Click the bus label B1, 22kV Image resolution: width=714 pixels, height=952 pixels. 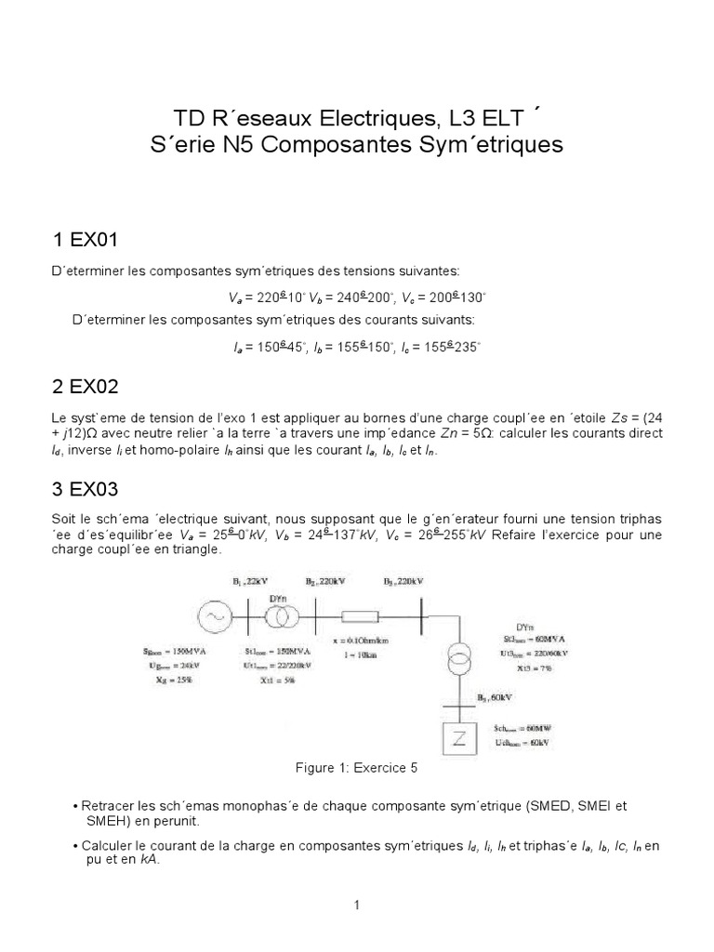tap(245, 580)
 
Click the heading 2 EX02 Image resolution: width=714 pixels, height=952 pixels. tap(86, 385)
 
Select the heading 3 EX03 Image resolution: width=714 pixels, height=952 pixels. tap(86, 487)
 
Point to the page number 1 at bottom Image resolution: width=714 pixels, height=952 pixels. tap(357, 905)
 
